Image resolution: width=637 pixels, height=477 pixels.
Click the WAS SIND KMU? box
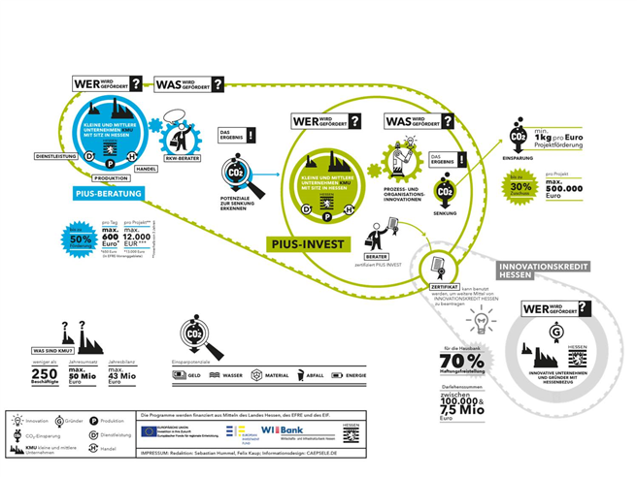[x=56, y=348]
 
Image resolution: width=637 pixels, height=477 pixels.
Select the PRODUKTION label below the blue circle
[x=109, y=177]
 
